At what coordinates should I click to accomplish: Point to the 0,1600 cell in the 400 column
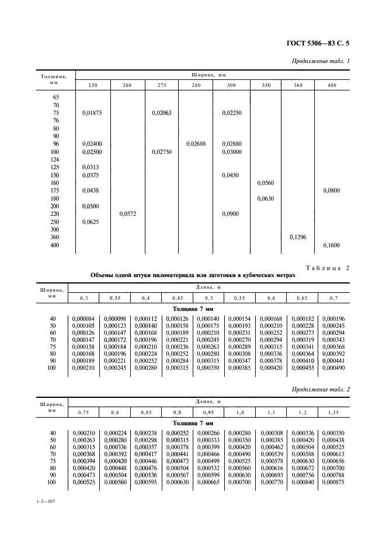pyautogui.click(x=331, y=246)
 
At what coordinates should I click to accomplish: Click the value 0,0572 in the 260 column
pyautogui.click(x=127, y=214)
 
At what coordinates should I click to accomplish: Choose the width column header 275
pyautogui.click(x=161, y=86)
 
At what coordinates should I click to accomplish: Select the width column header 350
pyautogui.click(x=266, y=86)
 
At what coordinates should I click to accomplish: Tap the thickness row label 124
pyautogui.click(x=56, y=159)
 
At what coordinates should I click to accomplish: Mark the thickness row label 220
pyautogui.click(x=56, y=214)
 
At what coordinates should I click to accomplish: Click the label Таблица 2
pyautogui.click(x=326, y=268)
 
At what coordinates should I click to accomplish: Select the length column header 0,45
pyautogui.click(x=176, y=298)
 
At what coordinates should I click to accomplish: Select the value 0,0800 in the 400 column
pyautogui.click(x=331, y=191)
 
